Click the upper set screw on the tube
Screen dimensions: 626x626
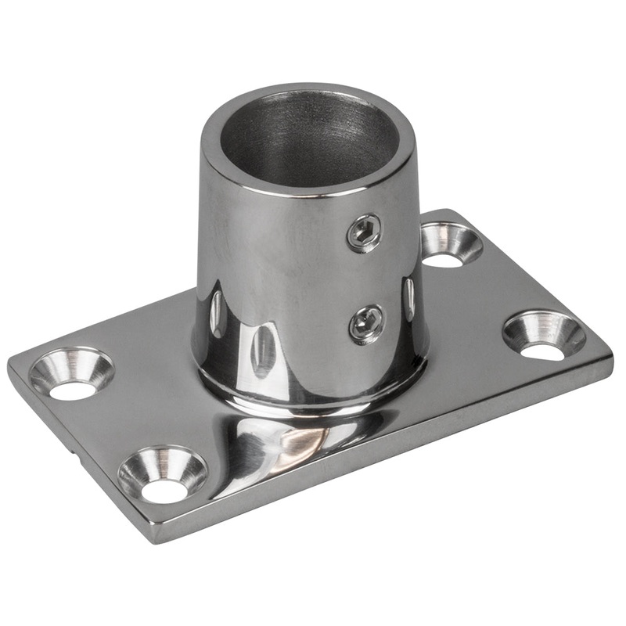pyautogui.click(x=365, y=233)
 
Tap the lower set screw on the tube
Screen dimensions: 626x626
pyautogui.click(x=366, y=322)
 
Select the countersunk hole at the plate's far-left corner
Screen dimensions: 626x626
pyautogui.click(x=72, y=373)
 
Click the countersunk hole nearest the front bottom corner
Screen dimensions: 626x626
pyautogui.click(x=163, y=473)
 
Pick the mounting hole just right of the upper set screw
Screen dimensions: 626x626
pyautogui.click(x=451, y=244)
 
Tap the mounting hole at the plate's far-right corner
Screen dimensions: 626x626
pyautogui.click(x=544, y=335)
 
